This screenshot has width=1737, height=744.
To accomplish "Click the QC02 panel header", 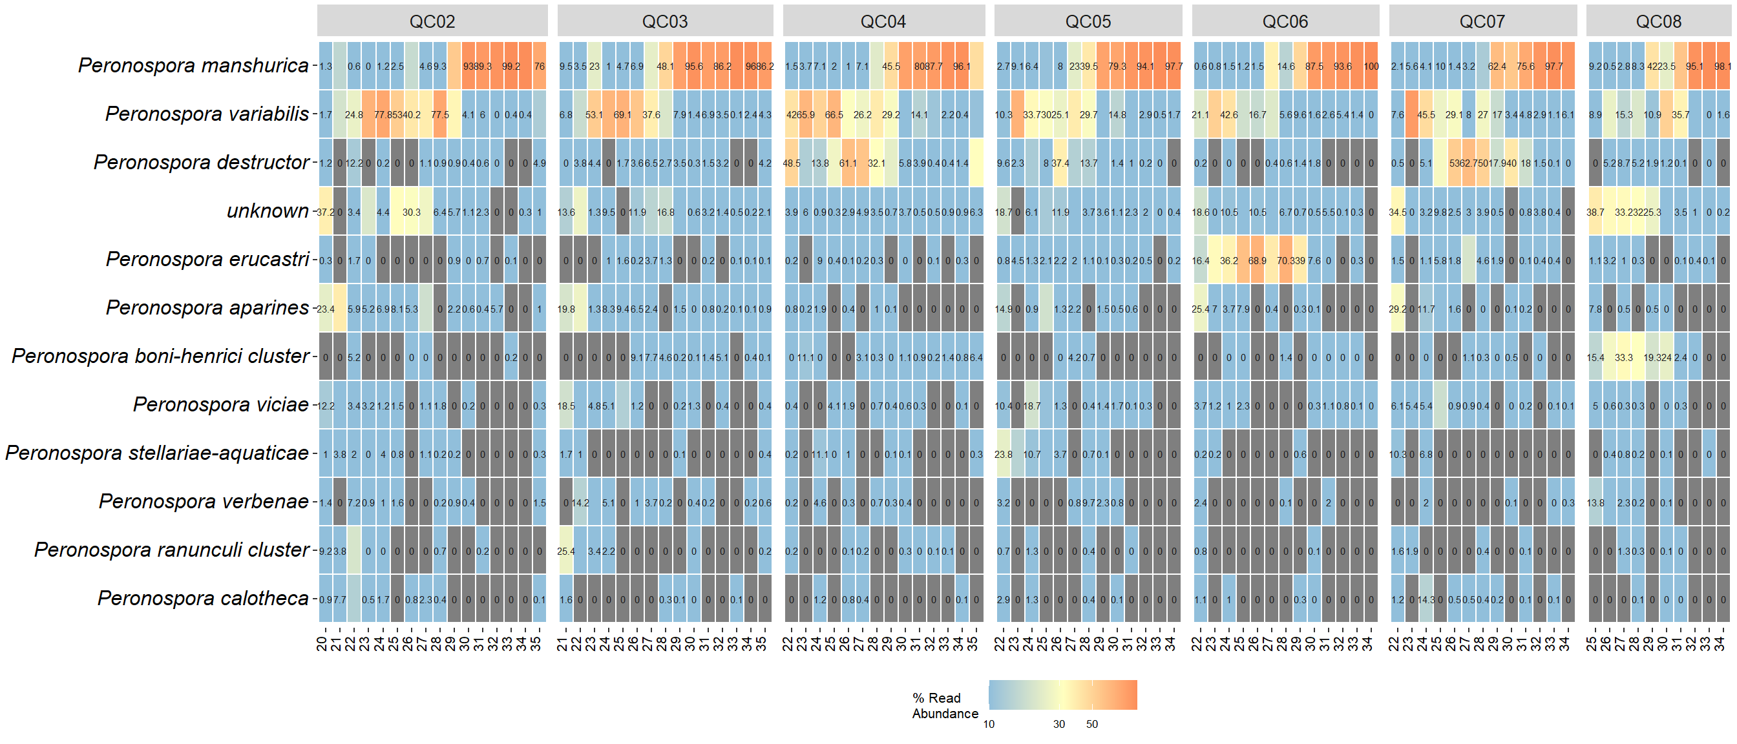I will (432, 21).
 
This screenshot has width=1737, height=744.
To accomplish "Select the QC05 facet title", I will (1088, 21).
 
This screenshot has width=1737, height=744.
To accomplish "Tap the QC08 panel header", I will (1658, 21).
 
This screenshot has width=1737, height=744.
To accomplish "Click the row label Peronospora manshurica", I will (193, 65).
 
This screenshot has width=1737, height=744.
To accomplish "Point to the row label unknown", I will (268, 211).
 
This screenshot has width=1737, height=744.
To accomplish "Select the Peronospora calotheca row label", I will (203, 599).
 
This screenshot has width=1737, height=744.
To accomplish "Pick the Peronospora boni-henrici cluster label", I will (160, 356).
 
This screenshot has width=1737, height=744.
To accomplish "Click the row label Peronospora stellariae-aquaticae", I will (157, 453).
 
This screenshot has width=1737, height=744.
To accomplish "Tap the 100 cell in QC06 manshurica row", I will (1371, 66).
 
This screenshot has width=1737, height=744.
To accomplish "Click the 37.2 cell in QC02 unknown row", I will (325, 212).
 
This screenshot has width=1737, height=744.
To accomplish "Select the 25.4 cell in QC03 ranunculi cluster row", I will (565, 552).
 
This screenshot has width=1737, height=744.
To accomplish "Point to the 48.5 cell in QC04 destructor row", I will (791, 163).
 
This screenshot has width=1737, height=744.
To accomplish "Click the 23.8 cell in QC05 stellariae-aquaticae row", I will (1003, 454).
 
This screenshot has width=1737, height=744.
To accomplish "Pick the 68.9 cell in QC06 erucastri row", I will (1257, 260).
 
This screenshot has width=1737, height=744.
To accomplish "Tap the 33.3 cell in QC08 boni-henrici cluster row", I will (1623, 357).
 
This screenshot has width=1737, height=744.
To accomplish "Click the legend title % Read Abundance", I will (945, 706).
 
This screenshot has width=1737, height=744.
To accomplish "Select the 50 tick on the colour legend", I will (1091, 725).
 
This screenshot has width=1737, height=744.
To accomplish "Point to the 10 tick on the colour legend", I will (989, 725).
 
